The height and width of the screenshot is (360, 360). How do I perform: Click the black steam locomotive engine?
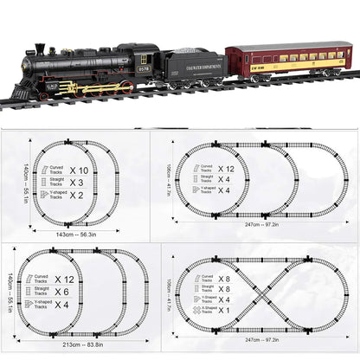pos(87,69)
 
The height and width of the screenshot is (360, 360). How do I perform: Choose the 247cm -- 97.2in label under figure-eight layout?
pos(260,341)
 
